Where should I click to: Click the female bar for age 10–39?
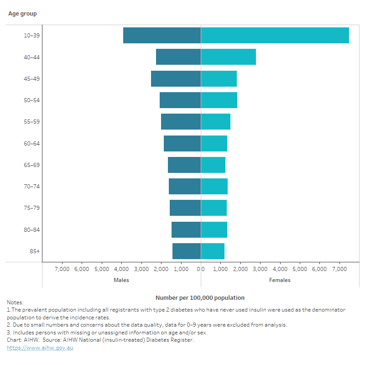pos(275,36)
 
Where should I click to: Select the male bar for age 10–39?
pos(162,36)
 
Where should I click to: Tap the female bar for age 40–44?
pos(228,57)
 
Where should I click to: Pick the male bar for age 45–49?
pos(176,78)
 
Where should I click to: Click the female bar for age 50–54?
pos(219,100)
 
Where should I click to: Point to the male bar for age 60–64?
pos(182,143)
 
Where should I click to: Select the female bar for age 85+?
pos(213,251)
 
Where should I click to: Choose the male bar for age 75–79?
pos(185,208)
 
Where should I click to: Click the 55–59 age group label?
pos(31,122)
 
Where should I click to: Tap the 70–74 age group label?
pos(31,186)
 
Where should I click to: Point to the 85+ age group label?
pos(35,251)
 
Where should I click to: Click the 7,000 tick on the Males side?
pos(62,269)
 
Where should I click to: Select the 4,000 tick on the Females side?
pos(280,269)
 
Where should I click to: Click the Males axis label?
pos(121,280)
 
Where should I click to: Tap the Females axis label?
pos(280,280)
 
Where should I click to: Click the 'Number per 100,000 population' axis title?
pos(200,297)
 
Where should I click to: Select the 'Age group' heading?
pos(22,14)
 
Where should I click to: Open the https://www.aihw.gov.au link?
pos(40,348)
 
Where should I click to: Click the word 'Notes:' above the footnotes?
pos(15,302)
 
